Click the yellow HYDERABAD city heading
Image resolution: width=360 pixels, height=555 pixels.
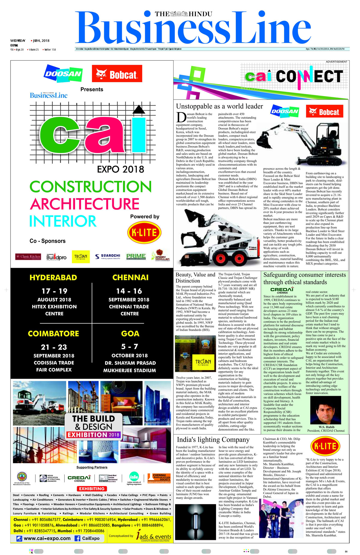point(53,277)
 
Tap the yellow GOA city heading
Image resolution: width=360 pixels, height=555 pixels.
point(130,333)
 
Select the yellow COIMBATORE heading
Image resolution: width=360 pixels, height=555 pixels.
point(53,333)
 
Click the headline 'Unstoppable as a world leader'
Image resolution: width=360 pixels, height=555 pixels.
point(219,106)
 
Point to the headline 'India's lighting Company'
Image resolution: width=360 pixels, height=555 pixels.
point(213,440)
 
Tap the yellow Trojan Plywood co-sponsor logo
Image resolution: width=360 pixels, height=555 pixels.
point(80,257)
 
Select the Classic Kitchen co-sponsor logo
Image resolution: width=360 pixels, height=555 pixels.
point(28,257)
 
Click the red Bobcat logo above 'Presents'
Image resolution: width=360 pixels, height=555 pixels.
point(117,74)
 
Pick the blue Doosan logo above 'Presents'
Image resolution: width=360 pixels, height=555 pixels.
point(63,73)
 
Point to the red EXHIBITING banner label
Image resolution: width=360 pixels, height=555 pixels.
point(92,488)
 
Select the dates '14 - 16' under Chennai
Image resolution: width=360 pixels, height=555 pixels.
point(129,291)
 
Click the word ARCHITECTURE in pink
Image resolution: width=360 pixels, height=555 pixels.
point(85,204)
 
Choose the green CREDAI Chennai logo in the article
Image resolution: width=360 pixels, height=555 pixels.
point(282,290)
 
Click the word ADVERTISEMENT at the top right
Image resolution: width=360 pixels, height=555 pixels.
point(337,62)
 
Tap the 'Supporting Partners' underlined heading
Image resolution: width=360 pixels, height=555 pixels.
point(92,467)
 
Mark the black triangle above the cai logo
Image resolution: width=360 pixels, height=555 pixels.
point(139,110)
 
